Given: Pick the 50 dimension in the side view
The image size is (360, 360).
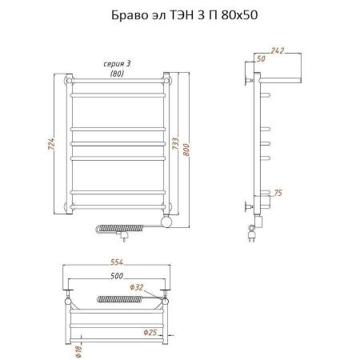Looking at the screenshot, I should tap(260, 59).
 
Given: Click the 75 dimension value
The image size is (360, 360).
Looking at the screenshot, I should tap(278, 192).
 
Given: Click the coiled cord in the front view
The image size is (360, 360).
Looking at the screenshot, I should tap(108, 227).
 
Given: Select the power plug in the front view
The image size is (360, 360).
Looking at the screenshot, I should tap(123, 236).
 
